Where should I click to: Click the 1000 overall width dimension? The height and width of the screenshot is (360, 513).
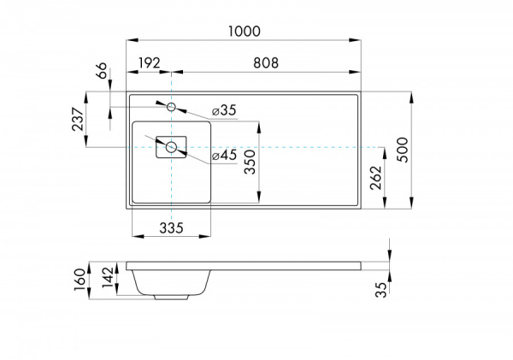pyautogui.click(x=244, y=31)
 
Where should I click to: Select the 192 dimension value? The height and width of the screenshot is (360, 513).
pyautogui.click(x=150, y=63)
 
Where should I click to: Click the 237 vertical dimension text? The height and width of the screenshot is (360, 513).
pyautogui.click(x=79, y=119)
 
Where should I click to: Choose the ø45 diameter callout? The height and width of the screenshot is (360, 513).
pyautogui.click(x=223, y=156)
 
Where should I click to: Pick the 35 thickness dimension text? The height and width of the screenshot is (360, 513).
pyautogui.click(x=380, y=289)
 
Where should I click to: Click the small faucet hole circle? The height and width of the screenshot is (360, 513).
pyautogui.click(x=171, y=107)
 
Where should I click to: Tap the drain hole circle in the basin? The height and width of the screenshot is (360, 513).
pyautogui.click(x=171, y=147)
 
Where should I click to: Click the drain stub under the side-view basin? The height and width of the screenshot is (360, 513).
pyautogui.click(x=171, y=298)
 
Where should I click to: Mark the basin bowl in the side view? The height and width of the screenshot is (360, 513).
pyautogui.click(x=171, y=280)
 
